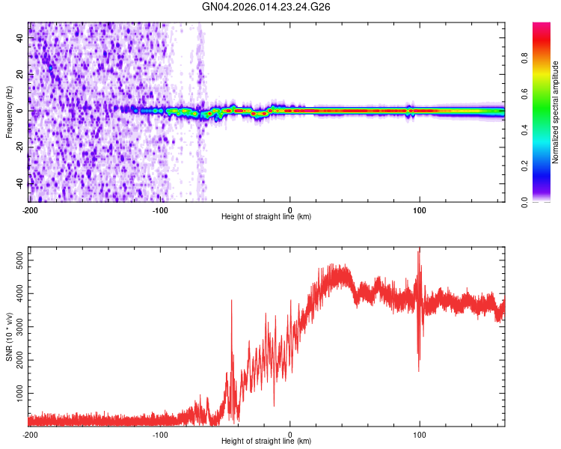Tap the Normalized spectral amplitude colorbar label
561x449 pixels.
(556, 112)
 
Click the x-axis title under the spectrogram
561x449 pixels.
(266, 216)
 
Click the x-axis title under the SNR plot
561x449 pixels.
(266, 441)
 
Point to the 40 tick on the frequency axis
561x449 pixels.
(19, 37)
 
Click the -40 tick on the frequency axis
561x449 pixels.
(18, 183)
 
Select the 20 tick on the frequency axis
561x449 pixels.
(19, 74)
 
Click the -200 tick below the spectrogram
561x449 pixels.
(30, 209)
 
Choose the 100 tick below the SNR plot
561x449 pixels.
(420, 433)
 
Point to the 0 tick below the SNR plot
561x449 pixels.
(290, 433)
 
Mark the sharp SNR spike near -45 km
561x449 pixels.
(232, 301)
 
